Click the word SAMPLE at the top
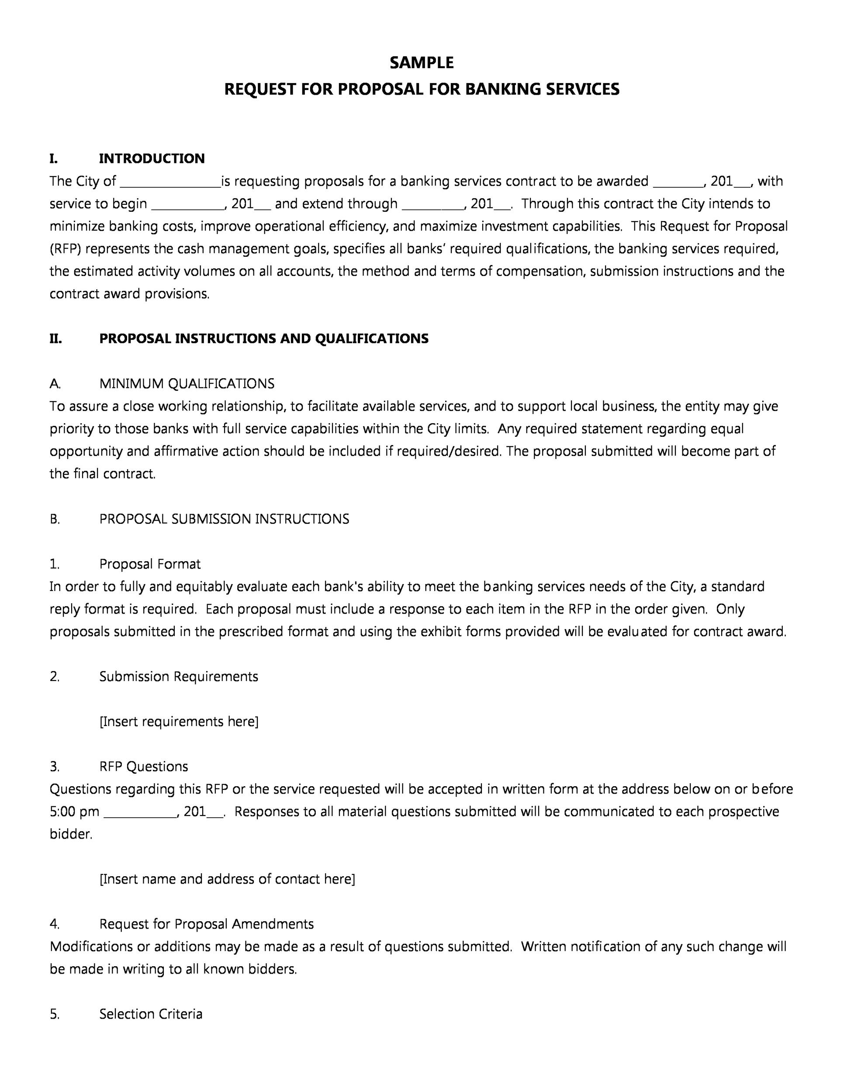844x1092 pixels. [422, 62]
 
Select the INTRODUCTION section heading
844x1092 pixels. [152, 159]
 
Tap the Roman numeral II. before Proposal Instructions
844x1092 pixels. [55, 339]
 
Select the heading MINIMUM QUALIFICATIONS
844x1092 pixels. [187, 384]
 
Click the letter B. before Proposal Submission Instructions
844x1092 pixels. [55, 519]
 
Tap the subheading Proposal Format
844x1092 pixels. [149, 564]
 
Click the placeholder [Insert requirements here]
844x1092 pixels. [179, 722]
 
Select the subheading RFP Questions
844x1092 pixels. [143, 767]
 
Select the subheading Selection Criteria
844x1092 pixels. [151, 1014]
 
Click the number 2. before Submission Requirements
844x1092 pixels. [55, 677]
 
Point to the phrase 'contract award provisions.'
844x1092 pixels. [129, 294]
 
